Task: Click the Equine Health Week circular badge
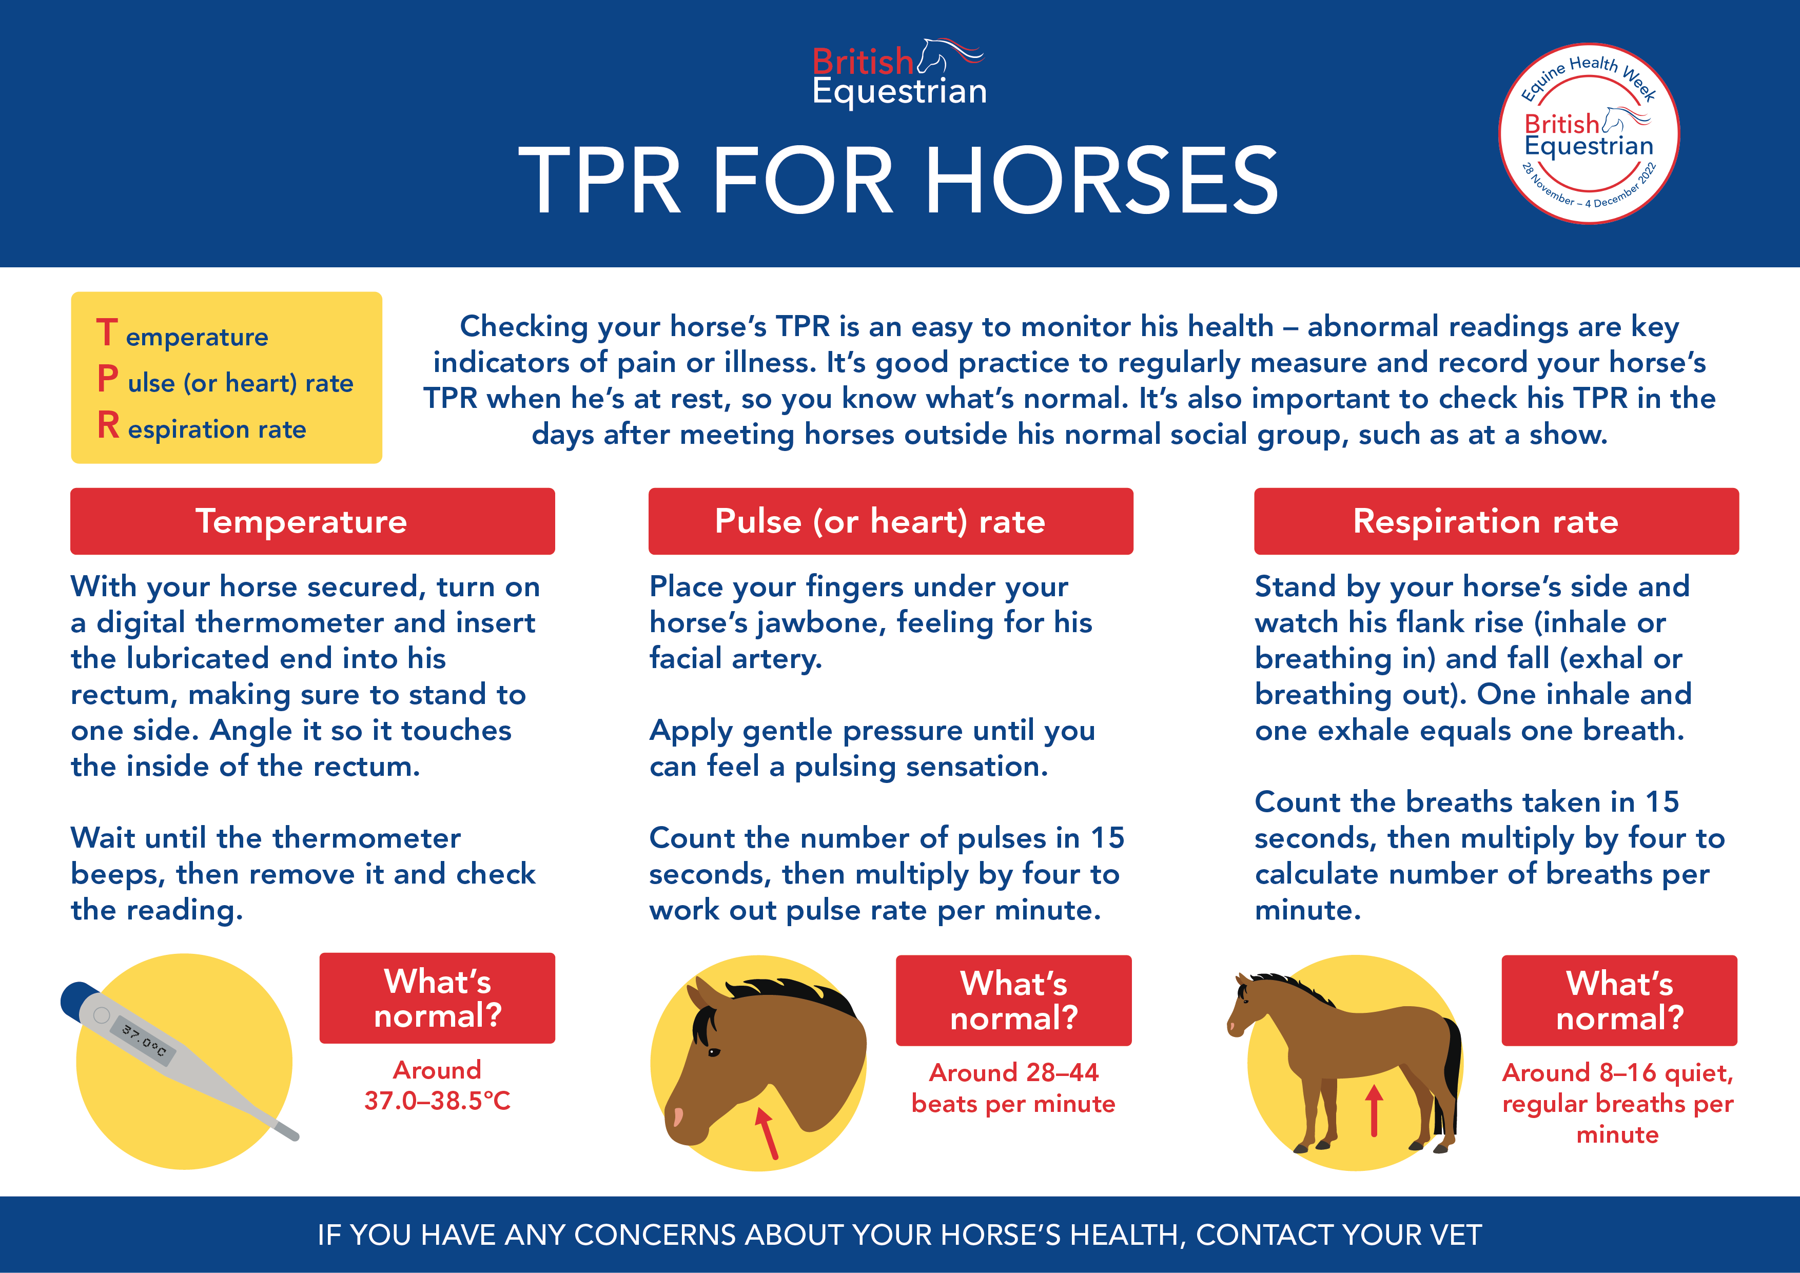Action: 1588,133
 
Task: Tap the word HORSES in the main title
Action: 1102,181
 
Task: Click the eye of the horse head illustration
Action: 713,1052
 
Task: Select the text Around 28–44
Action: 1014,1072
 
